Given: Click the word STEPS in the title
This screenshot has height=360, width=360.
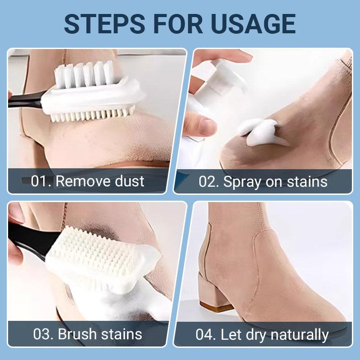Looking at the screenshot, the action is pos(104,24).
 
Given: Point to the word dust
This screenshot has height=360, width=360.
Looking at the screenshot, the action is pos(129,181).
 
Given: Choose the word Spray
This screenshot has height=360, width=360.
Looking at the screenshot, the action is pos(242,183).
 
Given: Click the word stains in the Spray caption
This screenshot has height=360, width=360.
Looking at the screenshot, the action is pos(307,182).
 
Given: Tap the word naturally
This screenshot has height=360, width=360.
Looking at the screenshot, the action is pos(300,335).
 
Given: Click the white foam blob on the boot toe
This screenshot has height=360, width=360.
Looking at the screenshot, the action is pos(262,132).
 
